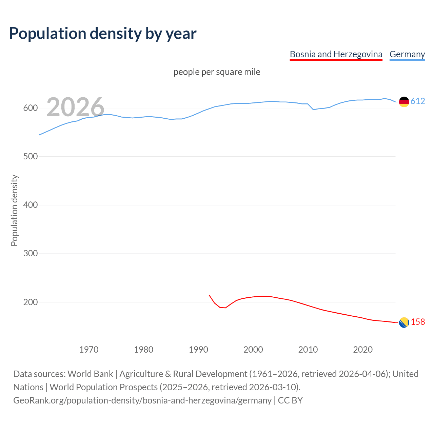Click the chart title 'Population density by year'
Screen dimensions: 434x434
point(103,34)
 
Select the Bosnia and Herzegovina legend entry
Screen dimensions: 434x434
point(336,54)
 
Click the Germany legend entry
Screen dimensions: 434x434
point(407,54)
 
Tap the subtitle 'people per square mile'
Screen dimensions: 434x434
point(217,72)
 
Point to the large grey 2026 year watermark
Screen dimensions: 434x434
point(75,107)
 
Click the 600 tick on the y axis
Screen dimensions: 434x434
point(30,108)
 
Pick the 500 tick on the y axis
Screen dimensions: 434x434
point(30,157)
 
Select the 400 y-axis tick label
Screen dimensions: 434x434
point(30,205)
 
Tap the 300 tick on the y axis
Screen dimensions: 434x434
point(30,254)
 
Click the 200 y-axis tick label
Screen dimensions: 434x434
point(30,302)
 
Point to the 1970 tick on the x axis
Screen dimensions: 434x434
point(89,350)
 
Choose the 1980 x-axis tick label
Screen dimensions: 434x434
point(144,350)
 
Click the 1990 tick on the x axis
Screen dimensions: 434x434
point(198,350)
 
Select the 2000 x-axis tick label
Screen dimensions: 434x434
point(253,350)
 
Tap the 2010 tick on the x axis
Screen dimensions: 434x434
point(308,350)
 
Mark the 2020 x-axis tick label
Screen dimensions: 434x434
point(363,350)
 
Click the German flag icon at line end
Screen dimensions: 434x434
point(404,102)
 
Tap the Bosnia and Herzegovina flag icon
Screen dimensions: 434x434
point(404,323)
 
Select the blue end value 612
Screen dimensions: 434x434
point(418,101)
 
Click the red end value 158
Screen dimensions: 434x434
point(418,322)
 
